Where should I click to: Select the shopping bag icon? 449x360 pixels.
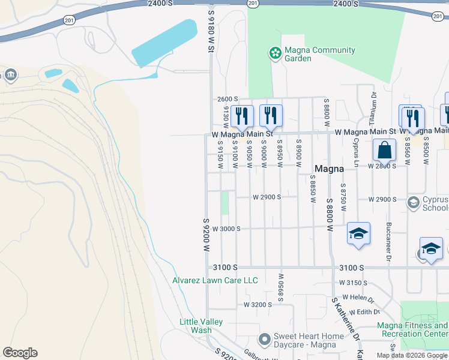384,151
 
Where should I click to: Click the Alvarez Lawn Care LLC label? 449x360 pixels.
215,280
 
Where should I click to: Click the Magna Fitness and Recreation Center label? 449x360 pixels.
412,329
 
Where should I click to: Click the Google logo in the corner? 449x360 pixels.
20,353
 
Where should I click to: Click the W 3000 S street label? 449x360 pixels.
226,229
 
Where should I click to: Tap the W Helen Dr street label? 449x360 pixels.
358,298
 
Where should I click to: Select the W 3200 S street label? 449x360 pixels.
258,305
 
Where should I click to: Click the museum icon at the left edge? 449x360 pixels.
10,74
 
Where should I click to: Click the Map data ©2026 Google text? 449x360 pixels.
412,355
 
